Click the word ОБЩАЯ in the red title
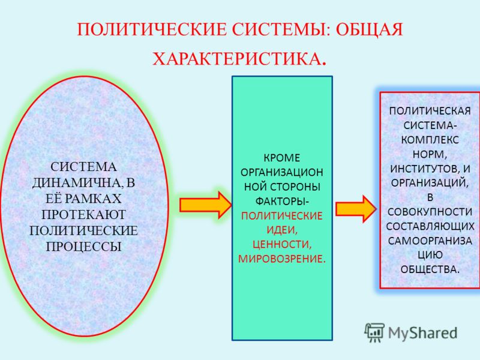click(x=369, y=29)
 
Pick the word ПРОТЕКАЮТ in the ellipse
click(x=83, y=215)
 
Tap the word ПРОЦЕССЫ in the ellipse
click(x=83, y=247)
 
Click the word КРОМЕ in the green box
click(x=281, y=158)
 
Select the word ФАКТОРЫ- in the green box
click(x=282, y=201)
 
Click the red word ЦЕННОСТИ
click(x=282, y=244)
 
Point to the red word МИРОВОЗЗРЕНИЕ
click(x=282, y=259)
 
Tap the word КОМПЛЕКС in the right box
click(x=430, y=140)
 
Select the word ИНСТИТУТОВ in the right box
click(x=424, y=169)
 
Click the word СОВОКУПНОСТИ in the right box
click(x=430, y=212)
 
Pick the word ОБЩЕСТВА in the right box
click(x=430, y=269)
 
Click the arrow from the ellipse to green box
click(x=206, y=205)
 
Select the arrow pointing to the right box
click(x=356, y=209)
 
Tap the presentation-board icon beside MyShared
click(x=374, y=332)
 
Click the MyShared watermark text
click(x=422, y=333)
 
